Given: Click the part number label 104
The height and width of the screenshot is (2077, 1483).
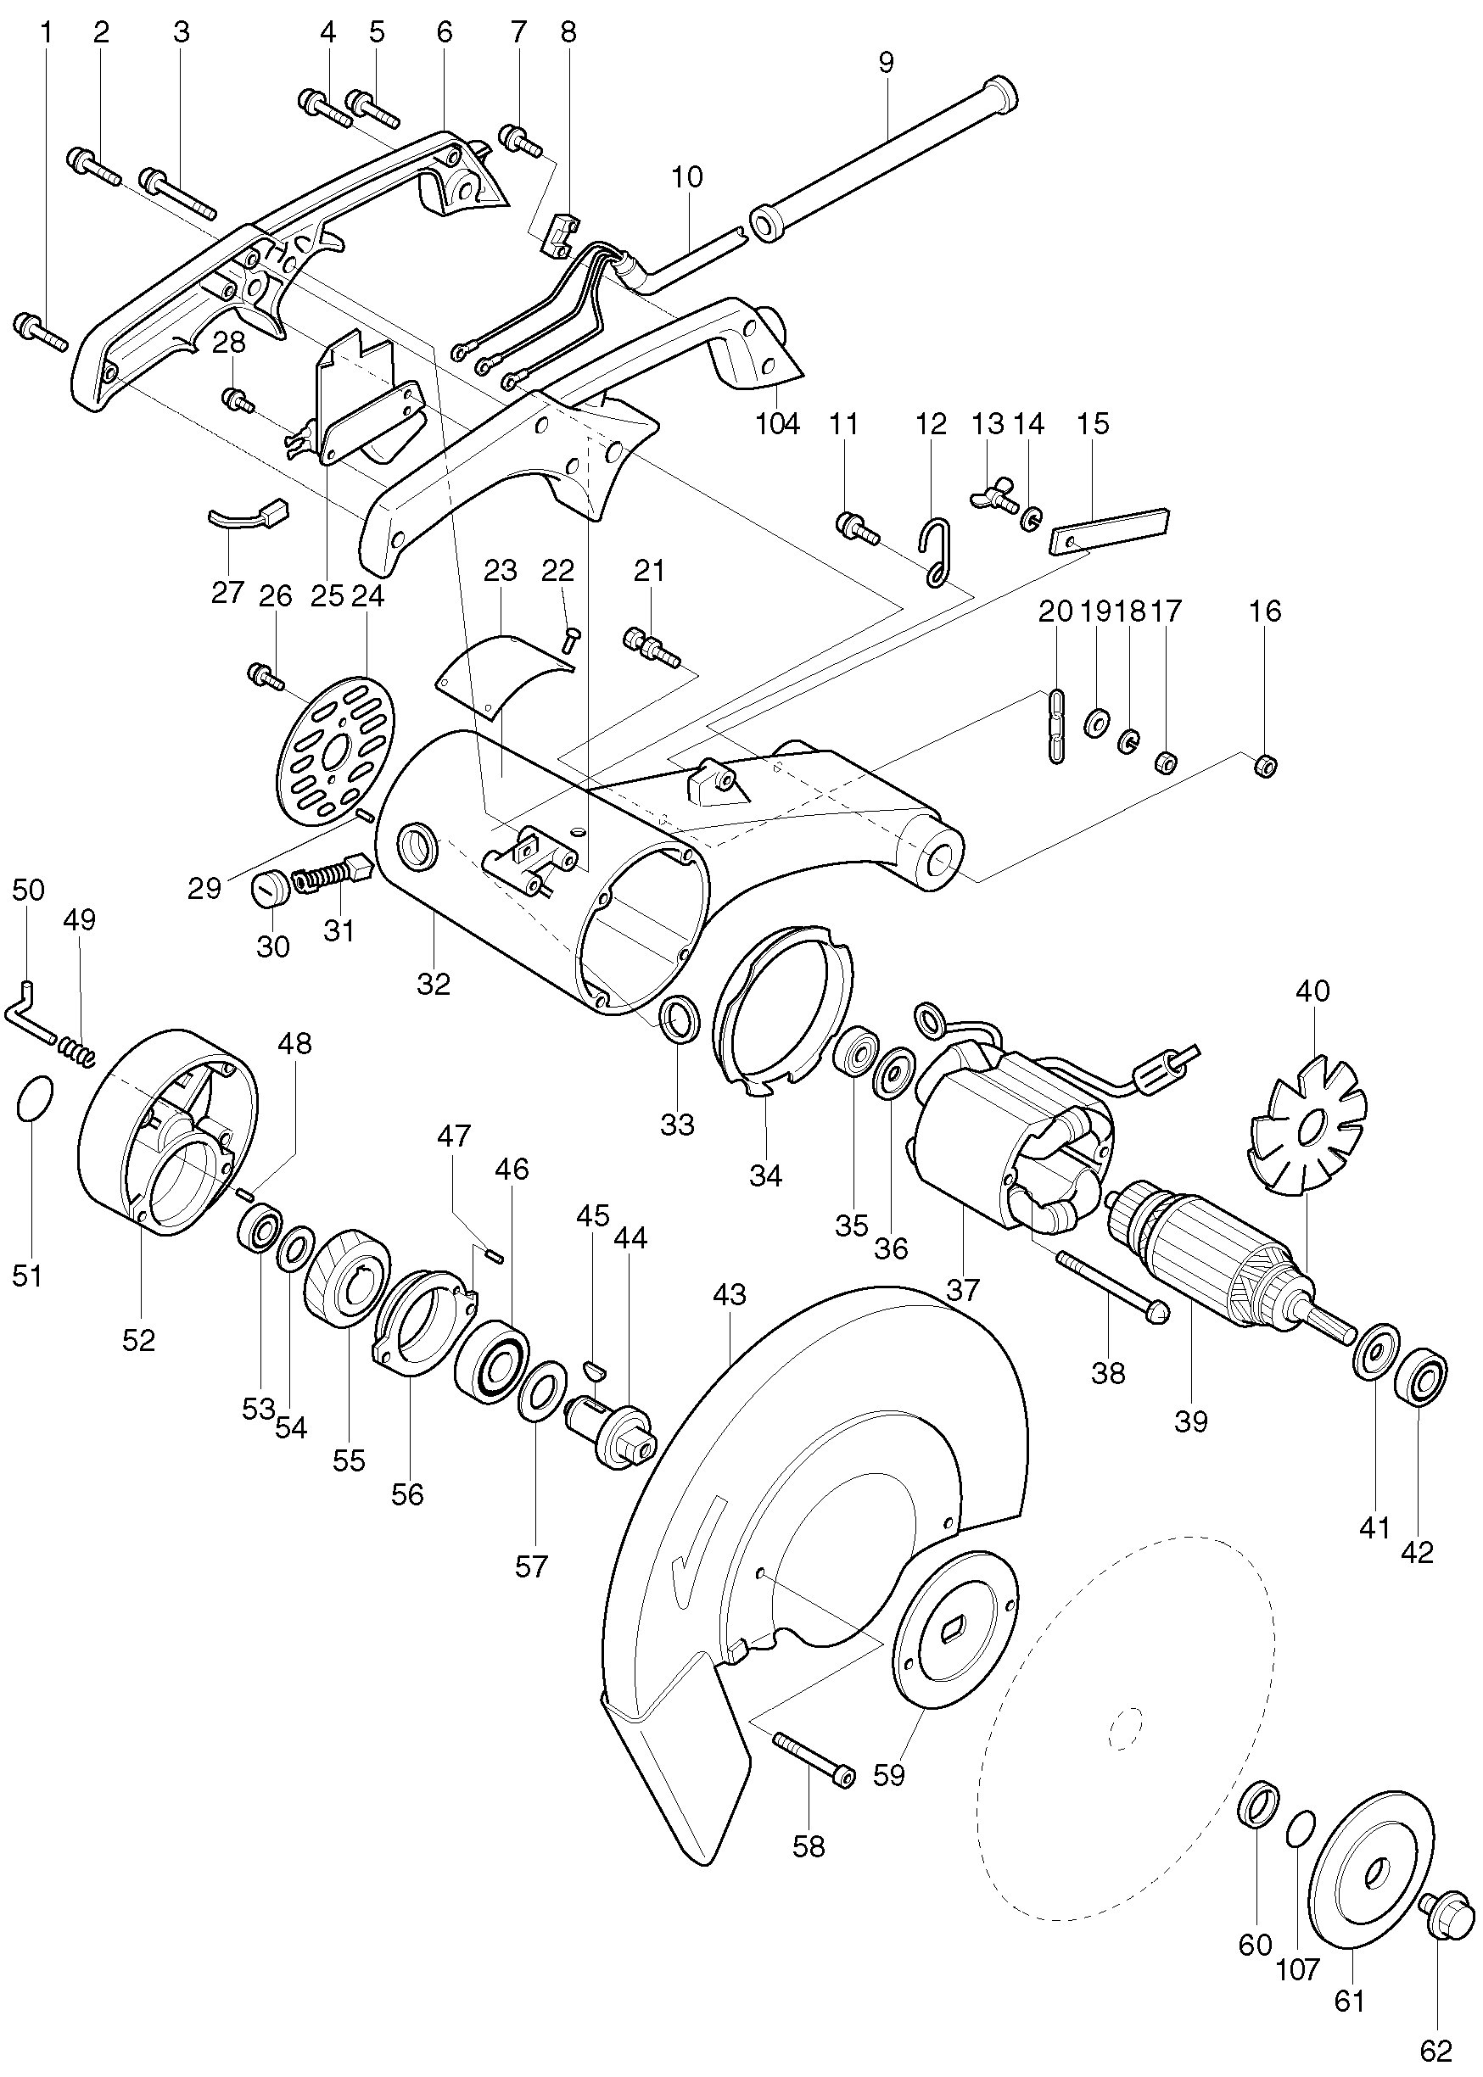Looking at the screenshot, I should (778, 423).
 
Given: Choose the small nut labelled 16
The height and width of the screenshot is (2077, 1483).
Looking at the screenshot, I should (1266, 764).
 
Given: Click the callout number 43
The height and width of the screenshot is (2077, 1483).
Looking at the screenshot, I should (730, 1294).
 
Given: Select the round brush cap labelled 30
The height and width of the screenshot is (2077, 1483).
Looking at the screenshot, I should (270, 887).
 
